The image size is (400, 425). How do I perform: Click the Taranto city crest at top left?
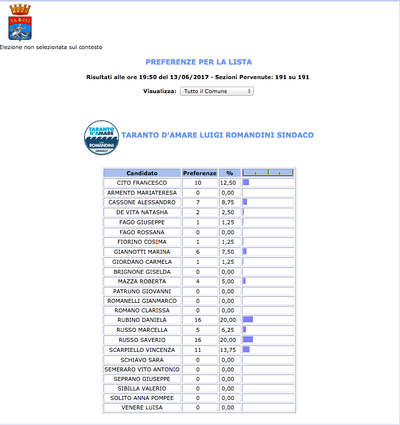(20, 22)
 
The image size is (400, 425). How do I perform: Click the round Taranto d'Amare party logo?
(101, 138)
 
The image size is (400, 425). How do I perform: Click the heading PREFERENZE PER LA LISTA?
(198, 62)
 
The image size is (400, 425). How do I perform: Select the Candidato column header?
(141, 173)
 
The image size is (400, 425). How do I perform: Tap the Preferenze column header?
(199, 173)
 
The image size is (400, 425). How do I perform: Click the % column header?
(229, 173)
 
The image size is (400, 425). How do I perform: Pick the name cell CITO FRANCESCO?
(141, 183)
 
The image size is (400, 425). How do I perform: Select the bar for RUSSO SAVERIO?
(248, 339)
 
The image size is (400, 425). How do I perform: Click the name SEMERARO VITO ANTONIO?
(141, 369)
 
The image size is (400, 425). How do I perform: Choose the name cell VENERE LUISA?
(141, 407)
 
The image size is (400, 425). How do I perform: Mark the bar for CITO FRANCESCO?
(246, 183)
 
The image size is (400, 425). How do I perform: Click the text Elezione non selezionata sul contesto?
(51, 48)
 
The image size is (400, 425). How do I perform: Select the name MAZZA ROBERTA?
(141, 281)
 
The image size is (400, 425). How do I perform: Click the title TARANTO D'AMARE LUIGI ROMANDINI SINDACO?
(217, 135)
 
